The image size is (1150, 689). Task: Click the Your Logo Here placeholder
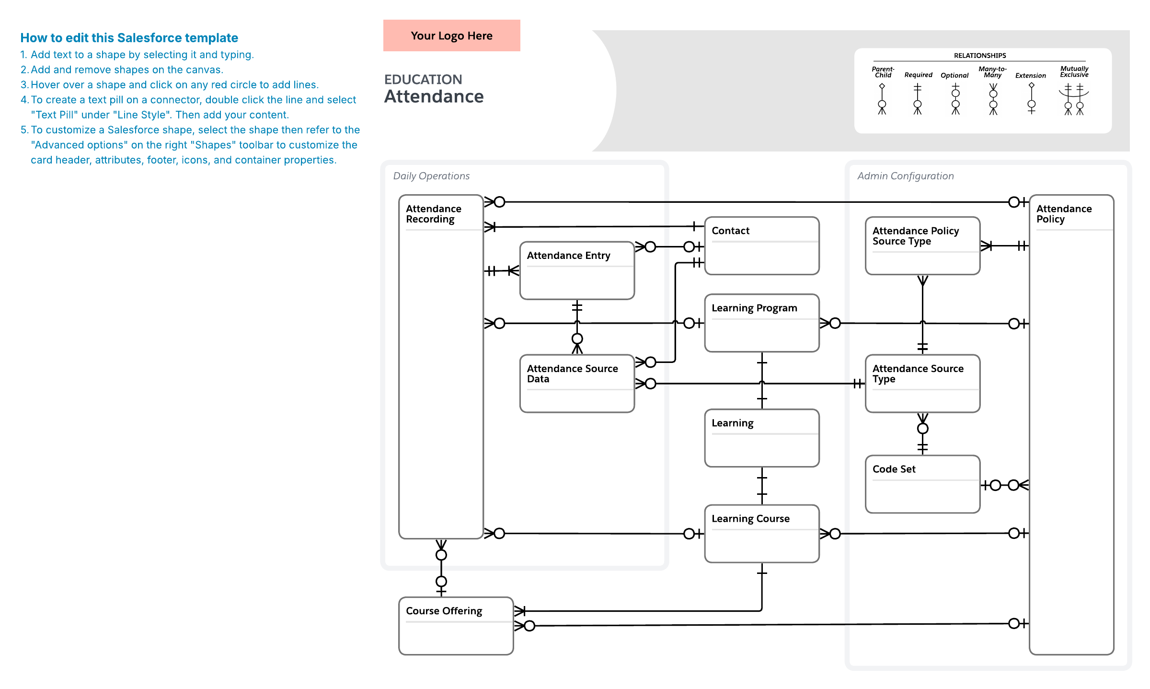coord(451,35)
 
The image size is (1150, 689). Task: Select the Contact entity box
coord(762,245)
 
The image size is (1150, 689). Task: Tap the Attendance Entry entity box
coord(577,270)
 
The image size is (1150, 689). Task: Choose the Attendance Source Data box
coord(577,384)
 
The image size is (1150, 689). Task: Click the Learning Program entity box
coord(762,323)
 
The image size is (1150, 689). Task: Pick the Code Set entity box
coord(923,484)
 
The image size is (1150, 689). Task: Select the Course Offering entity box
coord(456,626)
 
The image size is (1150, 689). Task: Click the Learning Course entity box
coord(762,534)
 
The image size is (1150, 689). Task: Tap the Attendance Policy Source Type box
coord(923,245)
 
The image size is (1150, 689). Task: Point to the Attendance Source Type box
coord(923,384)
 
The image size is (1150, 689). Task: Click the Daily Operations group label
coord(431,176)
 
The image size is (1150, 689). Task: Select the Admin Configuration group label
coord(906,176)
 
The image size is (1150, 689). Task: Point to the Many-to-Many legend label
coord(992,72)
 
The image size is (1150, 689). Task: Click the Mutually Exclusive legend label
coord(1074,71)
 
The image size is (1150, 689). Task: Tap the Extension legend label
coord(1031,75)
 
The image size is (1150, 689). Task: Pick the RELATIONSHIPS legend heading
coord(980,56)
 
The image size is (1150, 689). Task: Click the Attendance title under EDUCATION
coord(434,96)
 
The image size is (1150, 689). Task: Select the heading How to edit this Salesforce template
coord(129,38)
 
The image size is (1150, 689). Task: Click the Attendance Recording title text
coord(434,214)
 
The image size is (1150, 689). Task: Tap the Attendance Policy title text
coord(1064,214)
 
